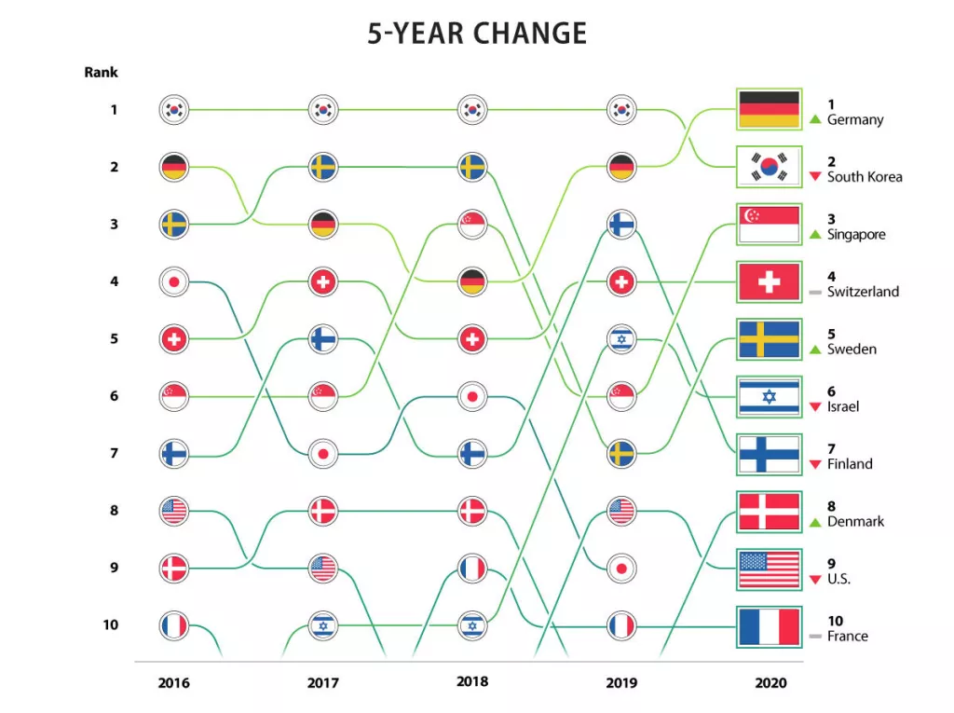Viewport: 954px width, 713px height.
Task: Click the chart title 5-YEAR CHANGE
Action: (x=477, y=34)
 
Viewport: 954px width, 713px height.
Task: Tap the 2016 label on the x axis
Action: (x=173, y=683)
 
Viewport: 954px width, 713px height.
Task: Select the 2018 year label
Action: (x=472, y=682)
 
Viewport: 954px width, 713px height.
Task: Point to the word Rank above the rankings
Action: (x=102, y=72)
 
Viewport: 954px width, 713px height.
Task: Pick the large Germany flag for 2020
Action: (x=769, y=110)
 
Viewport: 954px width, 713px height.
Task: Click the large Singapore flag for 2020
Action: (x=769, y=225)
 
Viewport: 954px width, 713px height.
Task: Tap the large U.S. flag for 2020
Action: (x=769, y=569)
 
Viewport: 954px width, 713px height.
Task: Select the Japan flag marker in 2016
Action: (x=174, y=281)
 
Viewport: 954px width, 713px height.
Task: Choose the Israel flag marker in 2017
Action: (x=323, y=625)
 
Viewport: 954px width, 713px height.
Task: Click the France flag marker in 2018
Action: (x=472, y=568)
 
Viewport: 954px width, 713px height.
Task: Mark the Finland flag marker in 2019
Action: (x=621, y=225)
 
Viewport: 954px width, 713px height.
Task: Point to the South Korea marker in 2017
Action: (x=323, y=110)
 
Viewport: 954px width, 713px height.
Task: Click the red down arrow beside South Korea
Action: (x=815, y=177)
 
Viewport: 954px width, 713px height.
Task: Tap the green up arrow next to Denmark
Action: (x=815, y=522)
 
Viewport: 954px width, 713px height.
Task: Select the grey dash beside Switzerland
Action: (x=815, y=293)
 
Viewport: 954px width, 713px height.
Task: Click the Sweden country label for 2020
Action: (x=852, y=350)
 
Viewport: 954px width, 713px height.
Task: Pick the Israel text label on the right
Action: (x=843, y=407)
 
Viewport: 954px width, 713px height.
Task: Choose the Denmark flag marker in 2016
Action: (x=174, y=568)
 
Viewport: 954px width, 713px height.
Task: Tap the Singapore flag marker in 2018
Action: (x=472, y=225)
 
